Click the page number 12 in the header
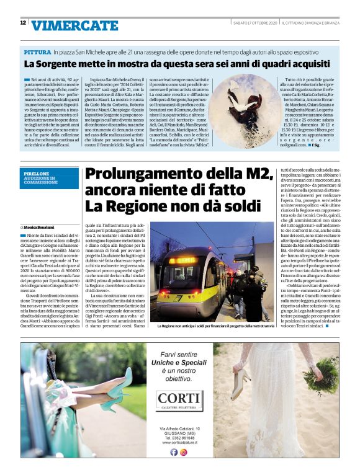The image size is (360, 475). pyautogui.click(x=23, y=23)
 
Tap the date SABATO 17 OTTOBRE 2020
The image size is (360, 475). pyautogui.click(x=255, y=23)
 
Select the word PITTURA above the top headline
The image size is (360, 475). pyautogui.click(x=37, y=53)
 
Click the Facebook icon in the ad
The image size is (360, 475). pyautogui.click(x=174, y=452)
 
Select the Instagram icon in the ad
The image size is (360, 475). pyautogui.click(x=184, y=452)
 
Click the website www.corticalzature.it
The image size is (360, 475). pyautogui.click(x=179, y=442)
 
